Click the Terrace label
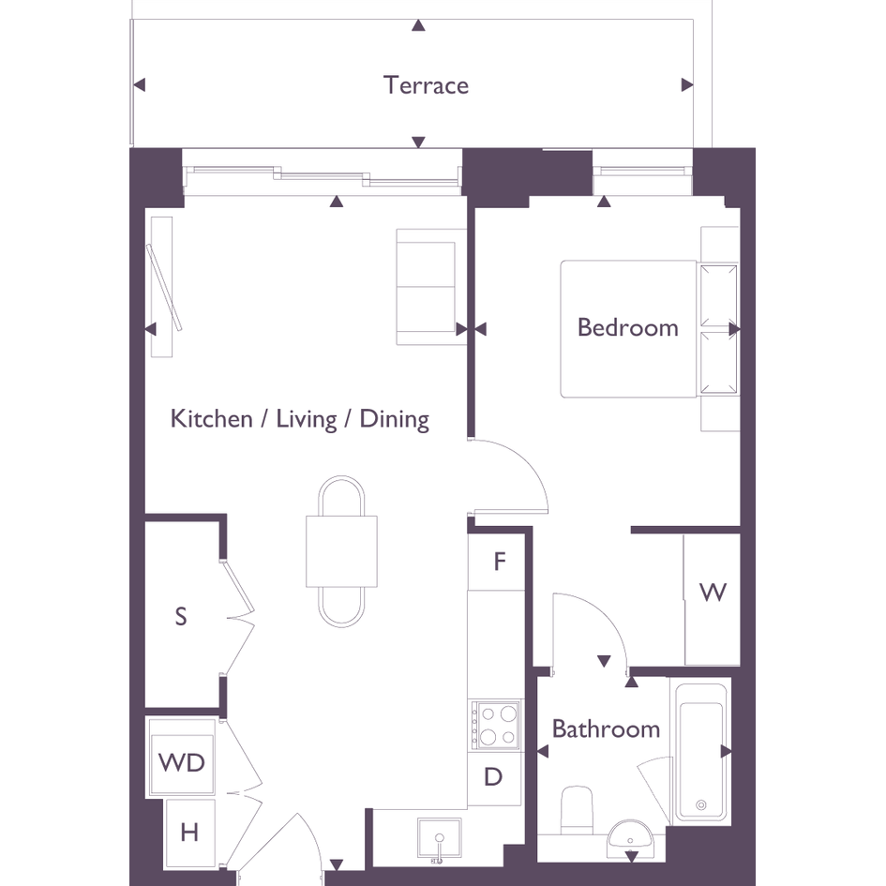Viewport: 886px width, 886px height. (426, 85)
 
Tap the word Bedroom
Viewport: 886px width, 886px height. (628, 328)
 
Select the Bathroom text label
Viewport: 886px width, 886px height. (606, 728)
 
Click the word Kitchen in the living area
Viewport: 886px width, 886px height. (211, 419)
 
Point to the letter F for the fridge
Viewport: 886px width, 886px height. (500, 562)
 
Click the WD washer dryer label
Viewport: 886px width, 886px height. (181, 763)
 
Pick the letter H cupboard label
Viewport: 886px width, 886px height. (189, 833)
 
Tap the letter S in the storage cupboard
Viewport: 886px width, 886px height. (181, 616)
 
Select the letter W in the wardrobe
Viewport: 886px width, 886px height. (713, 593)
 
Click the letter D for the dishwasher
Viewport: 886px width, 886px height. (493, 777)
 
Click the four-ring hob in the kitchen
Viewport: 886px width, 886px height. (496, 725)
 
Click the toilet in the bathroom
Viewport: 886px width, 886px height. (577, 810)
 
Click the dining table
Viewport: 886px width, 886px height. (341, 551)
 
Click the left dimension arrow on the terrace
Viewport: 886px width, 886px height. (139, 84)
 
